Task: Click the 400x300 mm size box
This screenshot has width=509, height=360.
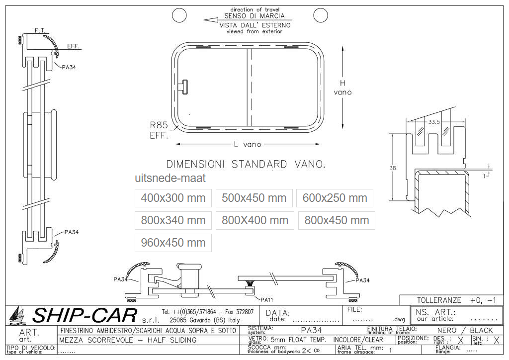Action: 173,198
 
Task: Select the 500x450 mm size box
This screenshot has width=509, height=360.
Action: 254,198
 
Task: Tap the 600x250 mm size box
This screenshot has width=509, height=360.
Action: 335,198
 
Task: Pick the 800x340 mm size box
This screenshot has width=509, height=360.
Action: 173,220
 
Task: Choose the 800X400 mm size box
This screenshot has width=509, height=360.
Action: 255,220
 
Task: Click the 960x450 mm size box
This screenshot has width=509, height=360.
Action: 173,243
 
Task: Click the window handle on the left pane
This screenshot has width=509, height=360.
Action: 185,86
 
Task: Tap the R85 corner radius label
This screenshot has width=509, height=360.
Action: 159,125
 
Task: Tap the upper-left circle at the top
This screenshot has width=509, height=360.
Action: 178,16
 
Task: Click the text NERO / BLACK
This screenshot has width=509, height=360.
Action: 465,330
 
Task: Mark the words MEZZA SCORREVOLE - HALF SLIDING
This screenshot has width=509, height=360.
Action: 127,340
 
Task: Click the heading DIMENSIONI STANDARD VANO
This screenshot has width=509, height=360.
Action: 246,164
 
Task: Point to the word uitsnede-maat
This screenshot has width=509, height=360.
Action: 170,178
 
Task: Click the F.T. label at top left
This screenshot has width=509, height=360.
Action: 40,30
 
